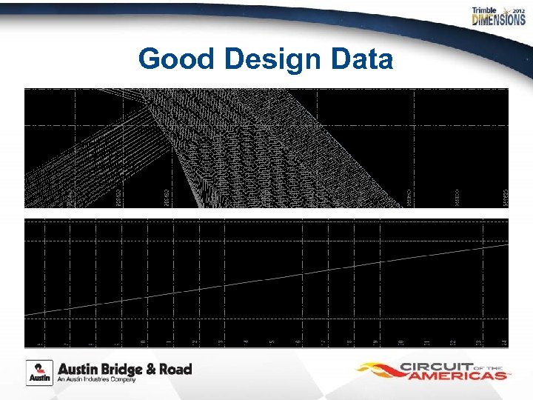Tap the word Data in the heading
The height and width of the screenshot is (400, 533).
[360, 59]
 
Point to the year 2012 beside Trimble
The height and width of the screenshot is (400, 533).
[517, 10]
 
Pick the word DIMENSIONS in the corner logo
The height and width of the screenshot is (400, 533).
[498, 20]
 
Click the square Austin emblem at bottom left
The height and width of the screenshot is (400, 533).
[39, 373]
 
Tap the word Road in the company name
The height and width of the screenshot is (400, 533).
[175, 369]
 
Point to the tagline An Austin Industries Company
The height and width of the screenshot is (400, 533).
[98, 380]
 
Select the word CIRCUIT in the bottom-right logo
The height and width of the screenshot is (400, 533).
[438, 366]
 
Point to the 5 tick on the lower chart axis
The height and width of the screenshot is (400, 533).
[272, 341]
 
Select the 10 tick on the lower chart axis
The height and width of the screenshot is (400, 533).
[400, 341]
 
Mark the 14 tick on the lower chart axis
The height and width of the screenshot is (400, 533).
[503, 341]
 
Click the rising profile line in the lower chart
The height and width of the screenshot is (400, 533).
[266, 279]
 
